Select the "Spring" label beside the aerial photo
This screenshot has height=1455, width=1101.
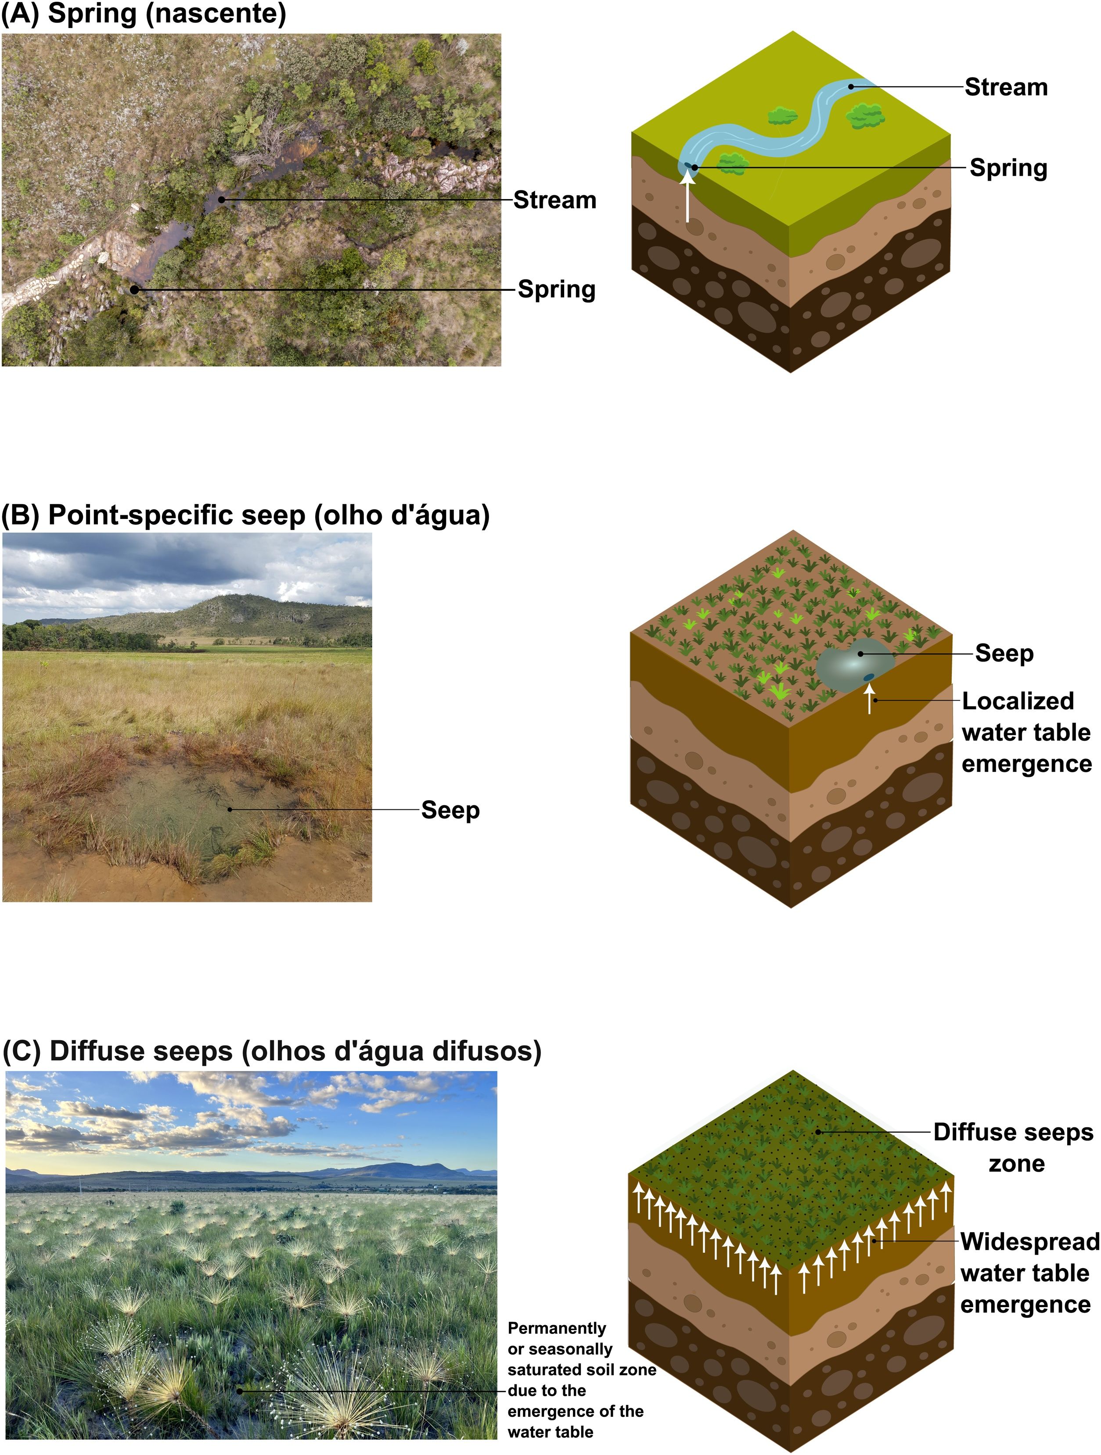coord(557,290)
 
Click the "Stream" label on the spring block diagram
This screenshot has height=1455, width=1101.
coord(1006,87)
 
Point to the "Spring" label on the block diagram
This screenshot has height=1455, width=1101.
coord(1008,168)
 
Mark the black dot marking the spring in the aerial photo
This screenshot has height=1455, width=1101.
coord(134,290)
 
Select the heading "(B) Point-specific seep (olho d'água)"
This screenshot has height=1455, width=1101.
coord(245,516)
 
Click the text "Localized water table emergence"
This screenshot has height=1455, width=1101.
coord(1026,733)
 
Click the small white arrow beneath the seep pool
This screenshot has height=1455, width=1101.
coord(870,699)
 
